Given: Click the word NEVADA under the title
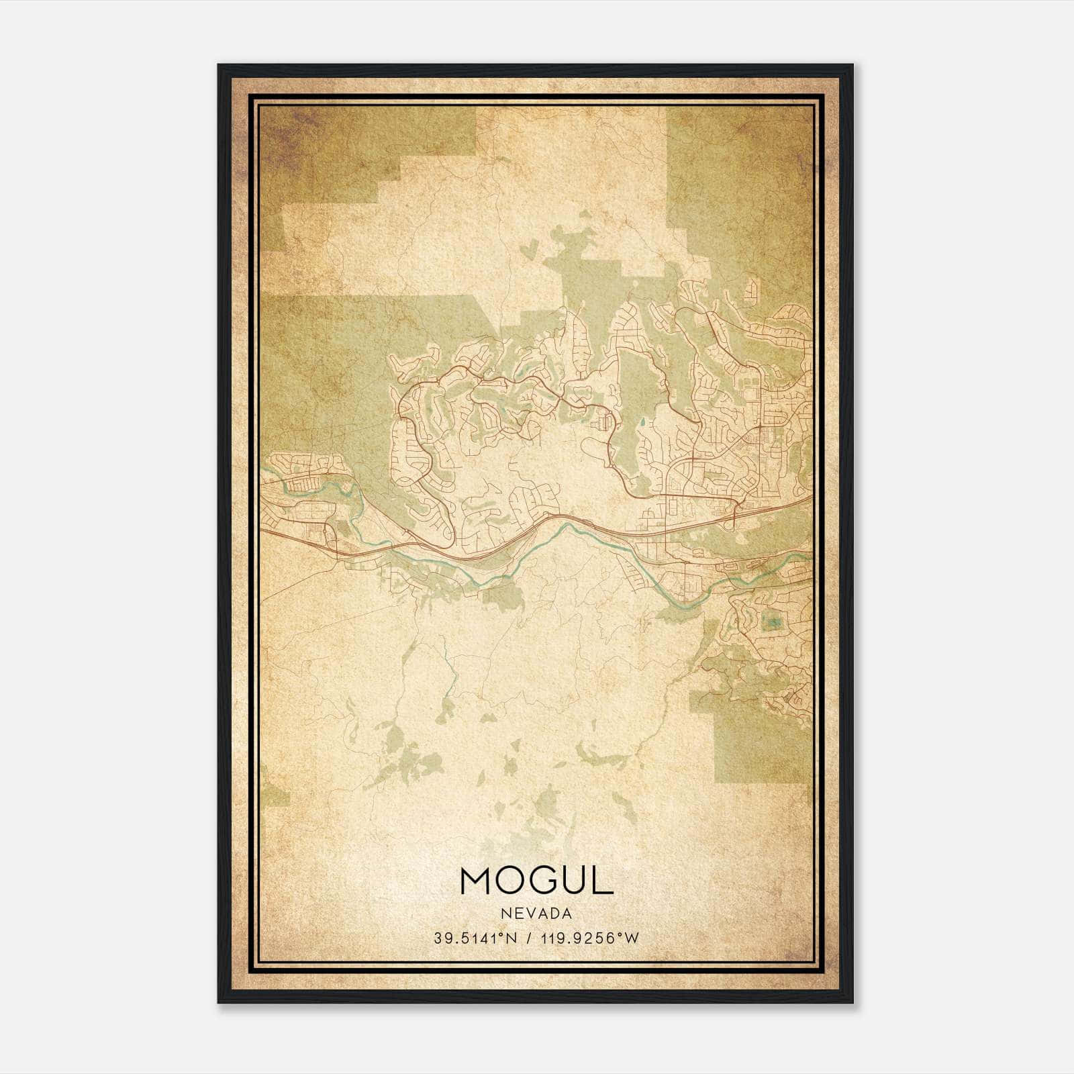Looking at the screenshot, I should click(x=536, y=913).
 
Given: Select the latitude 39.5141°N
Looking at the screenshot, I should click(x=475, y=938).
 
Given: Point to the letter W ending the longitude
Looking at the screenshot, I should click(x=632, y=938).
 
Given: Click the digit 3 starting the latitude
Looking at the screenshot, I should click(x=438, y=938).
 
